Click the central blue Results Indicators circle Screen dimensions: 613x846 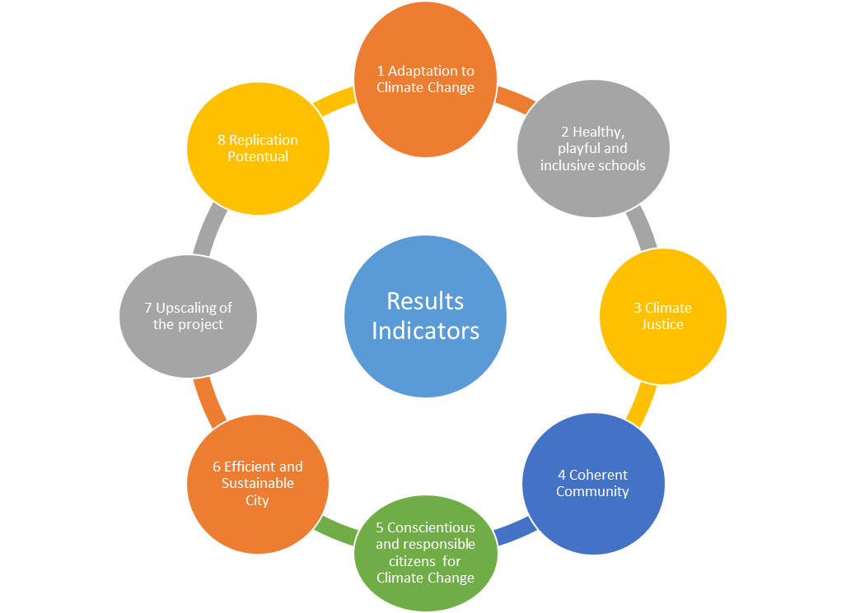point(425,317)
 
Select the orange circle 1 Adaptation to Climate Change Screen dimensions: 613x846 point(425,79)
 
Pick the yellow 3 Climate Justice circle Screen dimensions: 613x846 point(662,317)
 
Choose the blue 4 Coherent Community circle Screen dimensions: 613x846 point(592,483)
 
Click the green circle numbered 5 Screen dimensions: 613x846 point(425,552)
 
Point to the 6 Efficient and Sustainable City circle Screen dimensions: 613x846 point(257,483)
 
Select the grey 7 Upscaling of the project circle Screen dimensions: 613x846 point(188,317)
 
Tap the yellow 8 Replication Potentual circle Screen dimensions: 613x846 point(258,149)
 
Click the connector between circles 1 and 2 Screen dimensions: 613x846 point(515,100)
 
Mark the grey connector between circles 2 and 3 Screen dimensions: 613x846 point(643,230)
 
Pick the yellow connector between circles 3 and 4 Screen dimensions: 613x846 point(642,403)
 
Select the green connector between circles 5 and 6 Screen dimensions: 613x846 point(337,532)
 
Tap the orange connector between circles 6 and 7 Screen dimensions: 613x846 point(208,402)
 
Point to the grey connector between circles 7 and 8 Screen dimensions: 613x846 point(208,230)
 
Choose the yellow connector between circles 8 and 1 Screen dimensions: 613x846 point(334,101)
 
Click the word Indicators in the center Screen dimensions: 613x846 point(425,331)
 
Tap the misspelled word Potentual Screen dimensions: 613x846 point(258,156)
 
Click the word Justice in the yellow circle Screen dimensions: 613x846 point(663,324)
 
